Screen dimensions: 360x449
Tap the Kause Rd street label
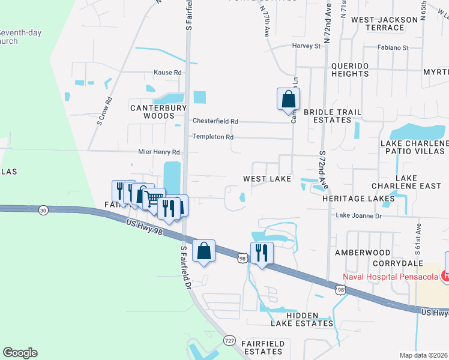(x=168, y=73)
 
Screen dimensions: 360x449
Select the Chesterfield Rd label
(x=215, y=121)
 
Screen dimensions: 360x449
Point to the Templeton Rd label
(x=212, y=137)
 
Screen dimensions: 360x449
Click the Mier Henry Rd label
(x=159, y=152)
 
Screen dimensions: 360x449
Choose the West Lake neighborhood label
(x=267, y=179)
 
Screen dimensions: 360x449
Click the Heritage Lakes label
(x=358, y=198)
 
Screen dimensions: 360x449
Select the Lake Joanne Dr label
(x=358, y=215)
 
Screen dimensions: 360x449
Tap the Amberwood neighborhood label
(x=362, y=253)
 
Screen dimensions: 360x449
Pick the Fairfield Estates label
(x=266, y=347)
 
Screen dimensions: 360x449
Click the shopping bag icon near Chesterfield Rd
(x=289, y=99)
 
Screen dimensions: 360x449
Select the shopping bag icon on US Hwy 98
(x=204, y=250)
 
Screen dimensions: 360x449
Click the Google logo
(x=20, y=353)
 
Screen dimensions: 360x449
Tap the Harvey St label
(x=307, y=46)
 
